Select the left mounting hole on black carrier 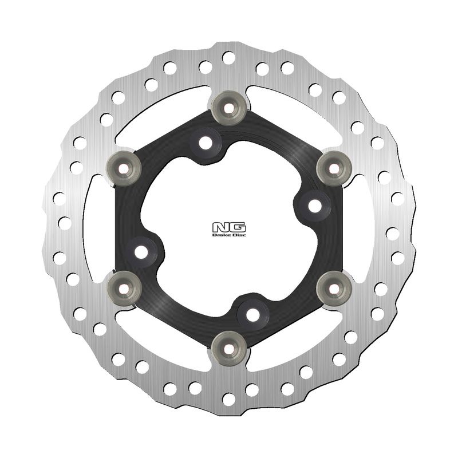tap(141, 250)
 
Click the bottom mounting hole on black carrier tap(253, 314)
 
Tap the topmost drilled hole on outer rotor tap(228, 57)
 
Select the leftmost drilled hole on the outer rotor tap(58, 198)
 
